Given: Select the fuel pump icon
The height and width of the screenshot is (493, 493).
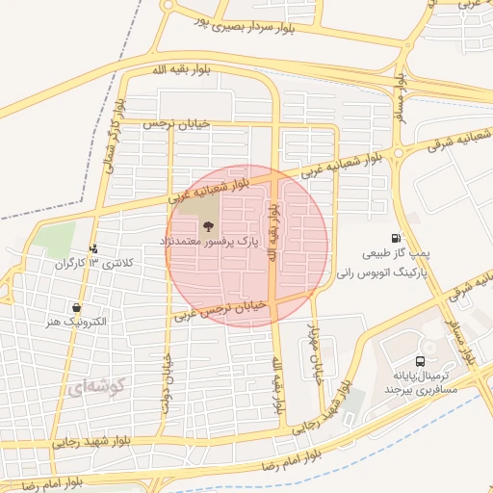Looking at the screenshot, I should click(397, 239).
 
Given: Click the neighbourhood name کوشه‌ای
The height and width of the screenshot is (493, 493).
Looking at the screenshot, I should click(94, 388).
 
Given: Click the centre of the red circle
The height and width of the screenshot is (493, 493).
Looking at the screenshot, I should click(246, 246).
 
